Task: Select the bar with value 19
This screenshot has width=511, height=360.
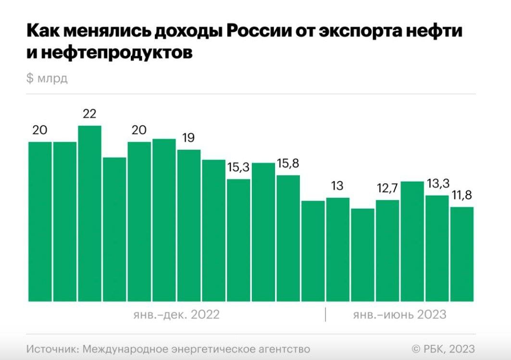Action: tap(188, 225)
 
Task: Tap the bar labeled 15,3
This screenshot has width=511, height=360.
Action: tap(238, 240)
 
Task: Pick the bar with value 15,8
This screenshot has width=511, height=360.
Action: tap(288, 238)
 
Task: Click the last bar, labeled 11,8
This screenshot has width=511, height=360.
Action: tap(462, 254)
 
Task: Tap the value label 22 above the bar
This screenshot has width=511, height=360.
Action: tap(89, 114)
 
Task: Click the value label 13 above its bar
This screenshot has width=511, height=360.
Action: tap(337, 186)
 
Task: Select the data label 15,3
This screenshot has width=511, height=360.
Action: tap(238, 168)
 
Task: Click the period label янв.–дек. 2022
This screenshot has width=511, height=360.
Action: tap(176, 315)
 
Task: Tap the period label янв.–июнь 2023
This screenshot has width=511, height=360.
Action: tap(399, 315)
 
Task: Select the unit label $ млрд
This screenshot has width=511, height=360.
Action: tap(47, 79)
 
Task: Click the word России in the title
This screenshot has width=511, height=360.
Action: tap(264, 32)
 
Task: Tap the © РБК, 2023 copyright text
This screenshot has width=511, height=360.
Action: tap(443, 348)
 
